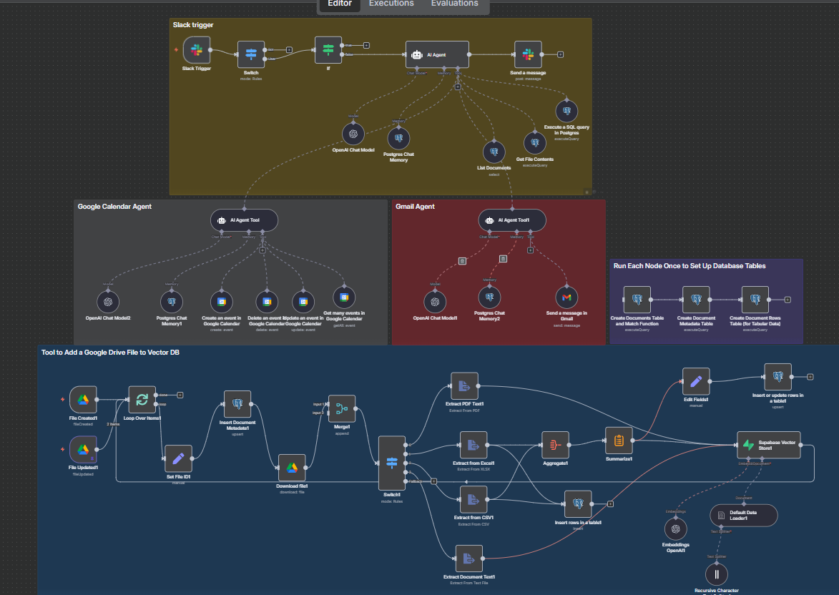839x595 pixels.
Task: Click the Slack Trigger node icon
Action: click(197, 51)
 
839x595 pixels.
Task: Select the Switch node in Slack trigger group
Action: click(251, 54)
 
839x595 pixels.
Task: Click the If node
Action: click(328, 49)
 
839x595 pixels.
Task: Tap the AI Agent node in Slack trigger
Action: click(437, 54)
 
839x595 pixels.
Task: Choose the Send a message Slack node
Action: click(528, 54)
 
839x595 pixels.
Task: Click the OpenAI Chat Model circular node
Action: click(353, 134)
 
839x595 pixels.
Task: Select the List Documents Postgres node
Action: click(494, 152)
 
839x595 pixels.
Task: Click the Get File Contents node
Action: click(534, 143)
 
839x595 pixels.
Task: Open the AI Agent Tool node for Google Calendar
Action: click(244, 220)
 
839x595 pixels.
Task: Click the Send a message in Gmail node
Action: click(566, 297)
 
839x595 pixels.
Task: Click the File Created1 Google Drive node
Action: click(84, 400)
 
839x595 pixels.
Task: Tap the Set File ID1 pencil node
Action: click(178, 458)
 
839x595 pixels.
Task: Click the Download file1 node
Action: click(292, 468)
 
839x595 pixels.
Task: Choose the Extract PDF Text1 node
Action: click(464, 386)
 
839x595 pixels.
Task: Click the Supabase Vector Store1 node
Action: click(769, 445)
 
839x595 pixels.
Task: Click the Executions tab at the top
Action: click(391, 4)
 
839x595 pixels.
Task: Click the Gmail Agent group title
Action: click(415, 207)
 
